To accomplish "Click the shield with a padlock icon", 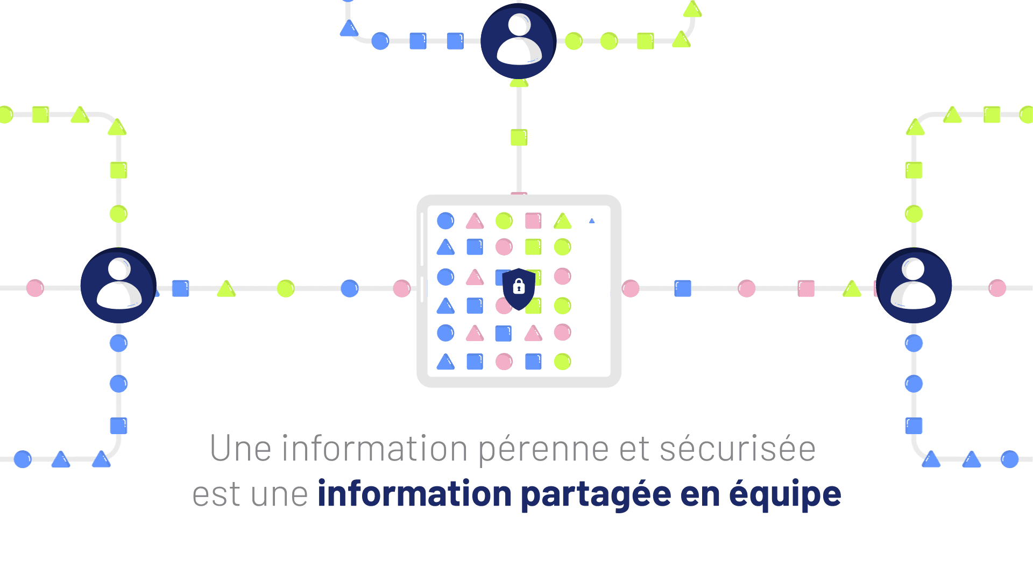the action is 519,289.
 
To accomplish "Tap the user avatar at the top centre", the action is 519,41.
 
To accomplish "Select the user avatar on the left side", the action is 118,285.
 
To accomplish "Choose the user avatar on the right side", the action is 914,285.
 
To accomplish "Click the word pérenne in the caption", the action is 543,449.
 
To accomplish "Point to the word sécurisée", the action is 738,449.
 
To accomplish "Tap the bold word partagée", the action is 596,494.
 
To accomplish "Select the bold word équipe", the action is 785,494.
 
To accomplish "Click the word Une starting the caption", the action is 240,449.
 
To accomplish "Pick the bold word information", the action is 415,494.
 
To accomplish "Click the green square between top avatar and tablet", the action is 519,137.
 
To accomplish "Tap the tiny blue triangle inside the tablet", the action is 592,221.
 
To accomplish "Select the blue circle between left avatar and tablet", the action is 350,288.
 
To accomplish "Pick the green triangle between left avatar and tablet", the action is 227,289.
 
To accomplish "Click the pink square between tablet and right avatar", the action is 806,288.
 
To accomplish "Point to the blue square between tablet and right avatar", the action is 683,288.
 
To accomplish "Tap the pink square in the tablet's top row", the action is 533,221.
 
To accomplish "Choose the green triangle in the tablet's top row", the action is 562,221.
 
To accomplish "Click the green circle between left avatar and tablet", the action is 286,288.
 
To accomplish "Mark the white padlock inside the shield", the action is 519,286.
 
